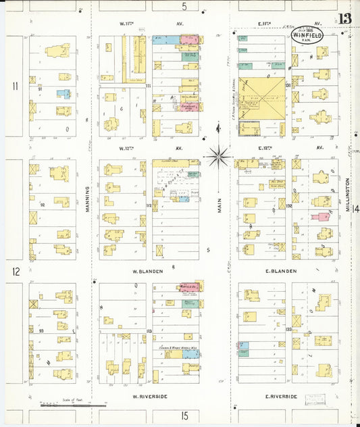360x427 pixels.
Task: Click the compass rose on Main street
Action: [x=219, y=156]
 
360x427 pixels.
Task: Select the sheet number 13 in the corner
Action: [x=344, y=18]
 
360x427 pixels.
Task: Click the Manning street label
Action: [x=88, y=199]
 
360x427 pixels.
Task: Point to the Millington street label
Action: [x=348, y=195]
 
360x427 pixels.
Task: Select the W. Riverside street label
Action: [x=149, y=396]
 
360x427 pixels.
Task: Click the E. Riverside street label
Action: [x=281, y=396]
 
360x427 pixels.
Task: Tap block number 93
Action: [x=41, y=330]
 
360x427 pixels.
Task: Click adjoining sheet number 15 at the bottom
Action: [x=184, y=416]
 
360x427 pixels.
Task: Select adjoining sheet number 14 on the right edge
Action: [x=355, y=208]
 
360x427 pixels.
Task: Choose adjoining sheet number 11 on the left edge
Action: [x=14, y=86]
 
